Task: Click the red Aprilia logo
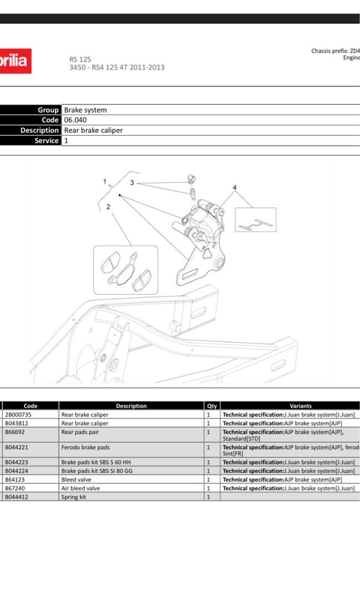[15, 61]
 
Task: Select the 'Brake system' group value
[85, 110]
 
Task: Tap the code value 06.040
[75, 120]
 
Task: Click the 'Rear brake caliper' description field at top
[93, 130]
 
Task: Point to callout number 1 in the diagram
[104, 181]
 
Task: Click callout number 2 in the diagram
[108, 207]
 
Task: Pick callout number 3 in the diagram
[132, 182]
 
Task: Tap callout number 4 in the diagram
[235, 187]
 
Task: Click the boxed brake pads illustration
[125, 270]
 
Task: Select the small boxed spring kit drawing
[255, 220]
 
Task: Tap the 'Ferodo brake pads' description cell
[85, 447]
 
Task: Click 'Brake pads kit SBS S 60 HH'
[96, 462]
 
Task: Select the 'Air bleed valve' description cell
[81, 489]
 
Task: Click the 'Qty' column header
[212, 406]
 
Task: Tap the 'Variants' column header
[300, 406]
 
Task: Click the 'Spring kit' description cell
[74, 497]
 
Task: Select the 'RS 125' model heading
[80, 59]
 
